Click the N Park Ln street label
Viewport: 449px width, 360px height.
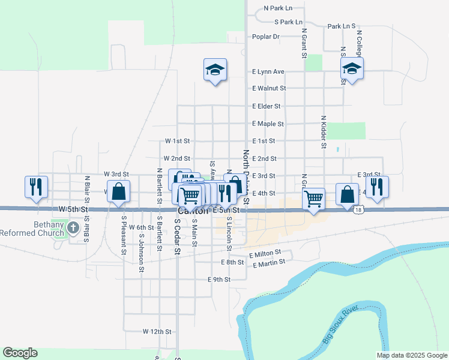278,9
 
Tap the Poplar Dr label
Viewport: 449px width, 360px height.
267,37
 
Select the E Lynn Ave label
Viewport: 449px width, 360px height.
268,71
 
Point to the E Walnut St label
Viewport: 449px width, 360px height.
269,88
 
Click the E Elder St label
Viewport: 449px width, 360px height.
267,106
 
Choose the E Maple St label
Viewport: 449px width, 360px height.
268,124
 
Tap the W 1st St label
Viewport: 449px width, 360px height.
178,141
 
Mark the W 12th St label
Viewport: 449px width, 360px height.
157,331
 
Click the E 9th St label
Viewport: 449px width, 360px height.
219,280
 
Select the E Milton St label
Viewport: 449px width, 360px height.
265,255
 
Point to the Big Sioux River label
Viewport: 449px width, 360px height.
340,325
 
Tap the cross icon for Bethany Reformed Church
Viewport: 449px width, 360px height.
73,227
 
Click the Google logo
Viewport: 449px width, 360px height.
20,353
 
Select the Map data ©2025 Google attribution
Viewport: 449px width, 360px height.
411,355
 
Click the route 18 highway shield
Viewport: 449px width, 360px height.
358,210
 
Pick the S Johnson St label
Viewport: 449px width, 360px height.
142,257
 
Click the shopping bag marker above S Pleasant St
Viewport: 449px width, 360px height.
119,191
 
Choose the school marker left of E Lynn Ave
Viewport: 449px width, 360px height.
214,71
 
